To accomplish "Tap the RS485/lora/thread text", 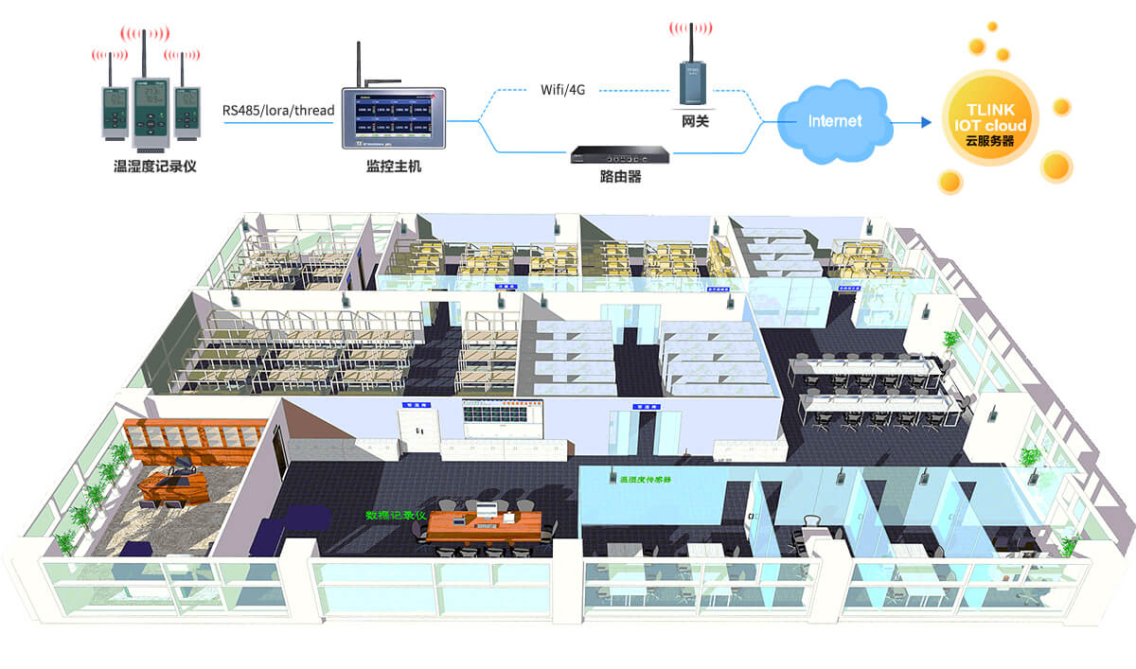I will coord(278,111).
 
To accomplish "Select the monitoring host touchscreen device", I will coord(393,120).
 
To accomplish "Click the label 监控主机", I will coord(393,167).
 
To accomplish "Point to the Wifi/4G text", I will coord(563,90).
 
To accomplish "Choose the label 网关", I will coord(695,121).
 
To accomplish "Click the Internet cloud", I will coord(835,121).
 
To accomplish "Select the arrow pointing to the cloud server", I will coord(911,122).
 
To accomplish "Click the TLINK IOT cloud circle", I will coord(991,118).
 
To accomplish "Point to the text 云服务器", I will coord(991,139).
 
